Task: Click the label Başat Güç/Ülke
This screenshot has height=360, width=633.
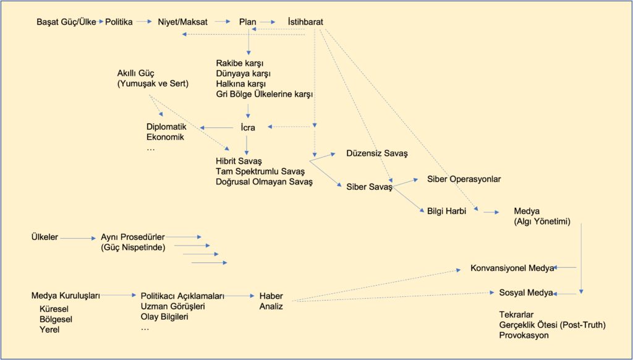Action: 66,22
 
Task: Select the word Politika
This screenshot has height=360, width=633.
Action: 119,22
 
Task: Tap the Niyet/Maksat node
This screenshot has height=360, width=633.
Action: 182,22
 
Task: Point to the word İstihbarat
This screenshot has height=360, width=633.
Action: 305,22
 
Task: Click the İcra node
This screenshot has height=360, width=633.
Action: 247,127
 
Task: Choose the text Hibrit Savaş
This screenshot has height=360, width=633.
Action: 239,161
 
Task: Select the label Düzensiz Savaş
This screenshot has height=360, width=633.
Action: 377,153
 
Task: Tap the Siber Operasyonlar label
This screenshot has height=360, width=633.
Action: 464,179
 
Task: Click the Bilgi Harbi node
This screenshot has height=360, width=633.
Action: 446,211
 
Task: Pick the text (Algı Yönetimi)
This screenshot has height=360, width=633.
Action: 542,221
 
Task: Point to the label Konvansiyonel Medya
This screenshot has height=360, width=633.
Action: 512,268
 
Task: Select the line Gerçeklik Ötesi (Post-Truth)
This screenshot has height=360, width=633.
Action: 552,325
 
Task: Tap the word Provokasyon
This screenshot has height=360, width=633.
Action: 524,335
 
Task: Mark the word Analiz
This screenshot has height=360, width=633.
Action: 271,306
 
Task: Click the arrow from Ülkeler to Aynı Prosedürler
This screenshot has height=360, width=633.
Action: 78,238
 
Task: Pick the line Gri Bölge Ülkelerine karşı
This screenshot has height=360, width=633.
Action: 265,95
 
